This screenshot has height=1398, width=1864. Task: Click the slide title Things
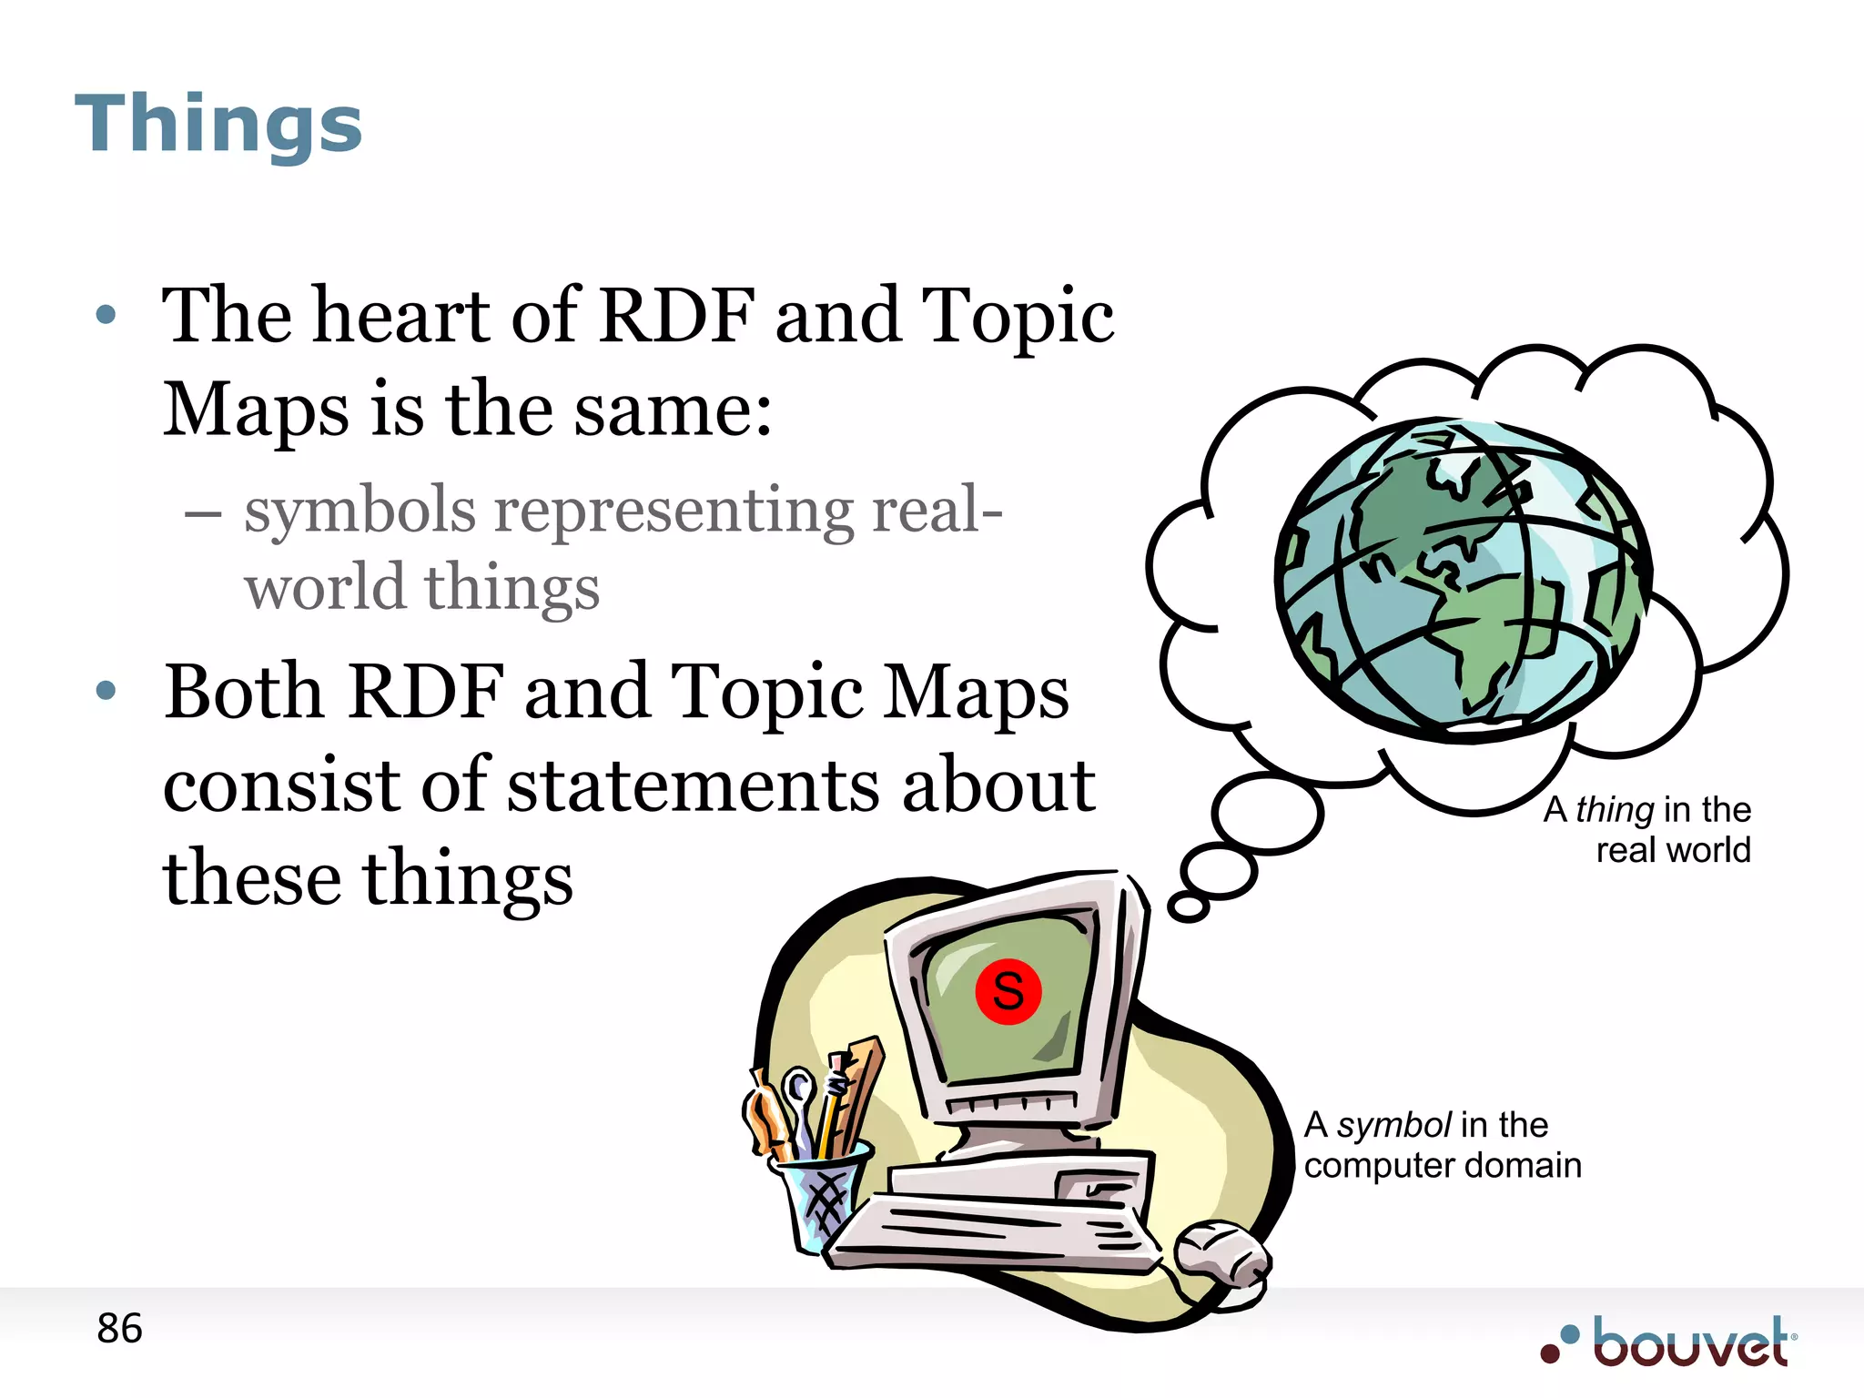[x=218, y=124]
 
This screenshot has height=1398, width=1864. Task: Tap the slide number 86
[x=119, y=1329]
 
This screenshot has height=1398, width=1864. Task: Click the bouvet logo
[x=1671, y=1342]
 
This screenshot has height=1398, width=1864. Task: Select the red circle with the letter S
[x=1008, y=991]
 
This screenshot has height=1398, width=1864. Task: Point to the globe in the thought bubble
[x=1463, y=580]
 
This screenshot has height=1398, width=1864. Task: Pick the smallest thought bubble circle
[x=1188, y=906]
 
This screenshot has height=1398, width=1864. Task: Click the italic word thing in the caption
[x=1615, y=809]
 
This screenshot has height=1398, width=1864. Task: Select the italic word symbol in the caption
[x=1393, y=1125]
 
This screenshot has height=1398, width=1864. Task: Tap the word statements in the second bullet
[x=694, y=785]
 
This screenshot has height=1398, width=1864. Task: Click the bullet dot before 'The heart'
[x=106, y=315]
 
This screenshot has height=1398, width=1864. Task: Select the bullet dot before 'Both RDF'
[x=106, y=691]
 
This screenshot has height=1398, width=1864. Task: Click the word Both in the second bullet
[x=244, y=691]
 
